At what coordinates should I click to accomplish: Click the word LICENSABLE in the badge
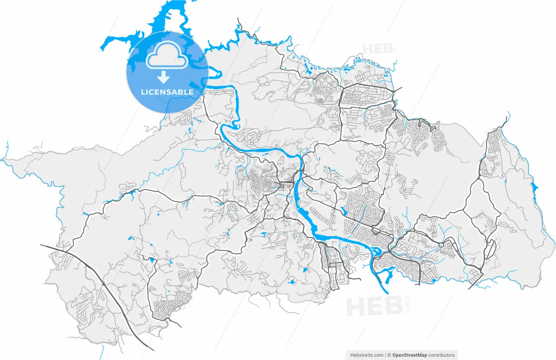[x=167, y=92]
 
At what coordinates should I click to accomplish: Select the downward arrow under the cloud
[x=164, y=77]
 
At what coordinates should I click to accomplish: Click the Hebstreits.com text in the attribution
[x=366, y=355]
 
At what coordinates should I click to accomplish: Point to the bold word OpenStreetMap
[x=410, y=355]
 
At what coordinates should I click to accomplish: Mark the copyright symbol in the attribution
[x=389, y=355]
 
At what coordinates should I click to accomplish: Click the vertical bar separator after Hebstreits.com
[x=385, y=355]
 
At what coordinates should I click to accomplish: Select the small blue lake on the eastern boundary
[x=534, y=188]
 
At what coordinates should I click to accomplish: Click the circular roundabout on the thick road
[x=441, y=244]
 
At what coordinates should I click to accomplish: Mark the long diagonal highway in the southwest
[x=109, y=291]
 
